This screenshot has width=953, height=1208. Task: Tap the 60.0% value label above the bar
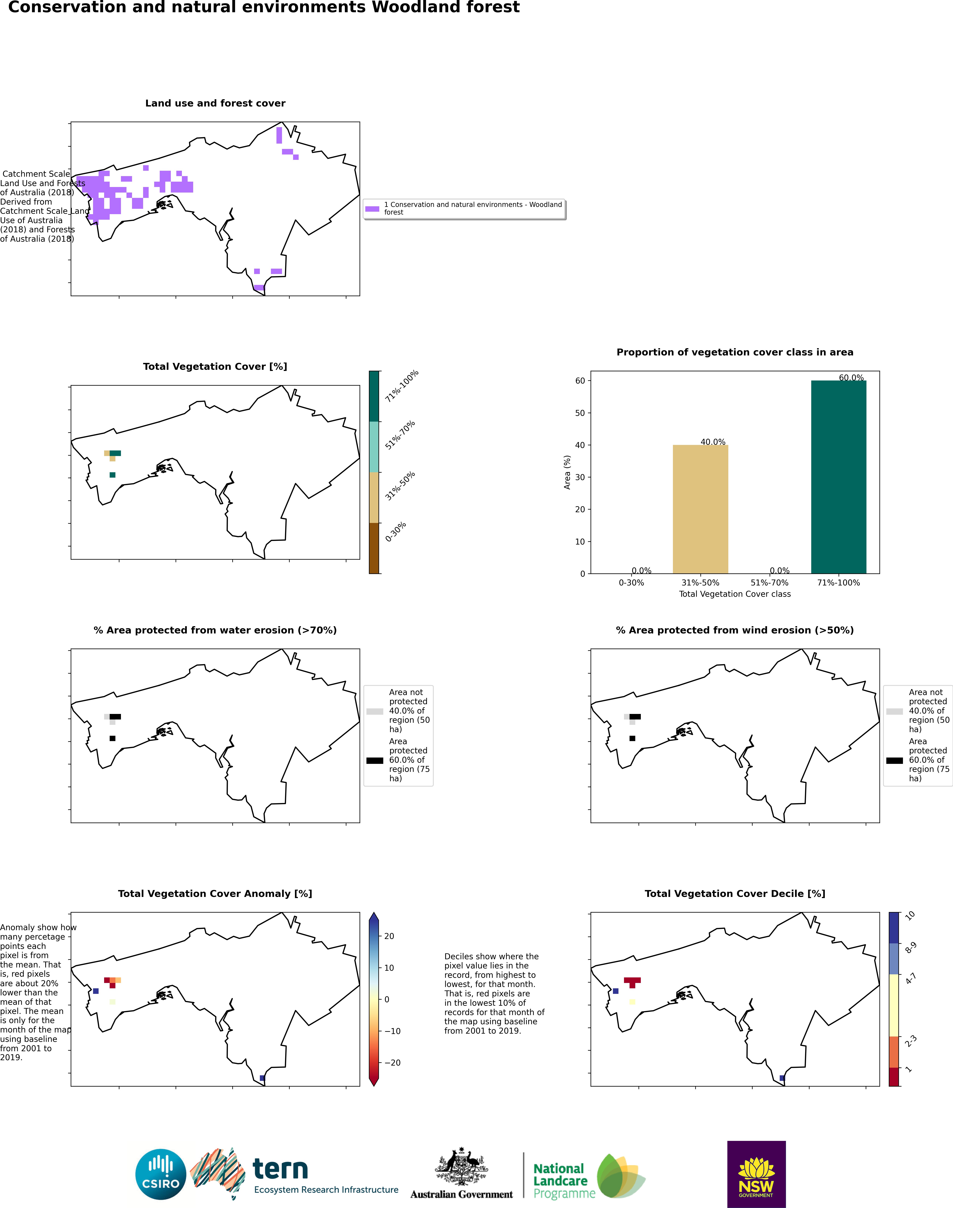(x=851, y=378)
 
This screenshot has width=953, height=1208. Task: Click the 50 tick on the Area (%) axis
(x=580, y=413)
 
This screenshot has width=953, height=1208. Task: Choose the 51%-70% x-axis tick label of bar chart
(x=769, y=583)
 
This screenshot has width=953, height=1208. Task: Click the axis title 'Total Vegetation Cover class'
(x=735, y=594)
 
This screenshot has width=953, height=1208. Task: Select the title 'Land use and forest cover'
(x=215, y=103)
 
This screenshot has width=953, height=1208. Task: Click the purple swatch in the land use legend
(x=372, y=209)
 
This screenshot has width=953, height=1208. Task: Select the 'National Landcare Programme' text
(x=564, y=1181)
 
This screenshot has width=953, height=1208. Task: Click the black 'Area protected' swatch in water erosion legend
(x=375, y=760)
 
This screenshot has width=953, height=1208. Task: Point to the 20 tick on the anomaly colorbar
(x=389, y=936)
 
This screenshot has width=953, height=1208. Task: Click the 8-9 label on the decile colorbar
(x=910, y=947)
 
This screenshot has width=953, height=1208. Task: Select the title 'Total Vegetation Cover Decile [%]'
(x=735, y=894)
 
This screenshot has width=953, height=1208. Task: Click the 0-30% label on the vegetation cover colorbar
(x=396, y=532)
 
